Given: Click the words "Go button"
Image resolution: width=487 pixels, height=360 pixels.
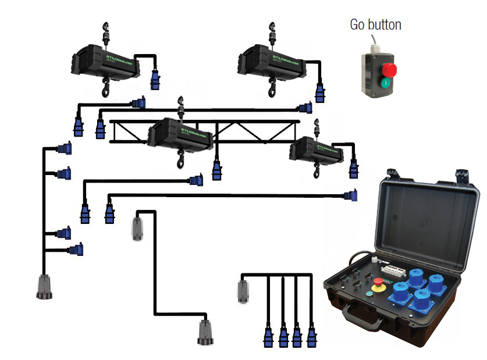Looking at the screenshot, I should pyautogui.click(x=375, y=24).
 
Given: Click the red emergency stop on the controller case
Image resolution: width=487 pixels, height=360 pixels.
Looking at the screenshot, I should pyautogui.click(x=379, y=283).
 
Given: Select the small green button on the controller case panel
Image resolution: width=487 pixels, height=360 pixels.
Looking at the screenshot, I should pyautogui.click(x=369, y=293).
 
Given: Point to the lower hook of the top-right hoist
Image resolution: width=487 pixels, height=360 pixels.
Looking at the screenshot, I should pyautogui.click(x=272, y=88).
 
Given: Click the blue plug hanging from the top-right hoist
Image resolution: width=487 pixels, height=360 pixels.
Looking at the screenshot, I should pyautogui.click(x=319, y=92).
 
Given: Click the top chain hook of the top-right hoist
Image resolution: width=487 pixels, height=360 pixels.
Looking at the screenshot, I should pyautogui.click(x=272, y=28).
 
